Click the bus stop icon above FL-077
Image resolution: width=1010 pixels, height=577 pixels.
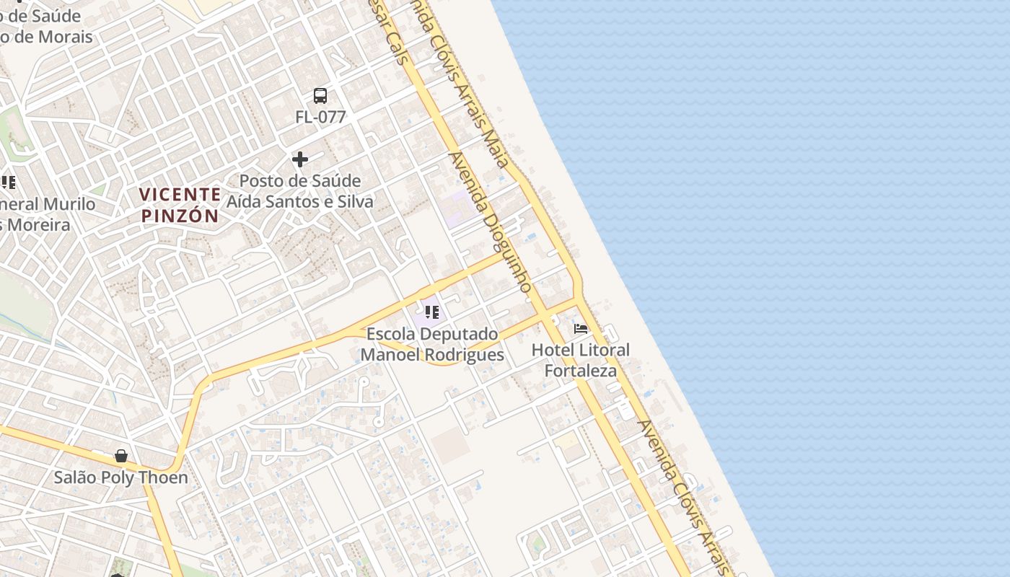[320, 95]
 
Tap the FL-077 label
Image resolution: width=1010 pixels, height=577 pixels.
[320, 117]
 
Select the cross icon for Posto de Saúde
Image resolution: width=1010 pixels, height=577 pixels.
[300, 159]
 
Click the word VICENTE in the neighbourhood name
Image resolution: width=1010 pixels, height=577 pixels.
[180, 194]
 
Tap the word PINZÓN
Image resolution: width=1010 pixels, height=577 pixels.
[180, 216]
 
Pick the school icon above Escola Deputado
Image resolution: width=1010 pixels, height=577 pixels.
[432, 312]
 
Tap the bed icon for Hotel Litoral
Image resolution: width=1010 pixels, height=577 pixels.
[581, 329]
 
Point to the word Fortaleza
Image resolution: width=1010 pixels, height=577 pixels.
[581, 371]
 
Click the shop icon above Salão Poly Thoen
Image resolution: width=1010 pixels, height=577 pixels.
[121, 456]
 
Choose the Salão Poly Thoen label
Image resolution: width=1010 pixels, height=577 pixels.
[121, 477]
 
